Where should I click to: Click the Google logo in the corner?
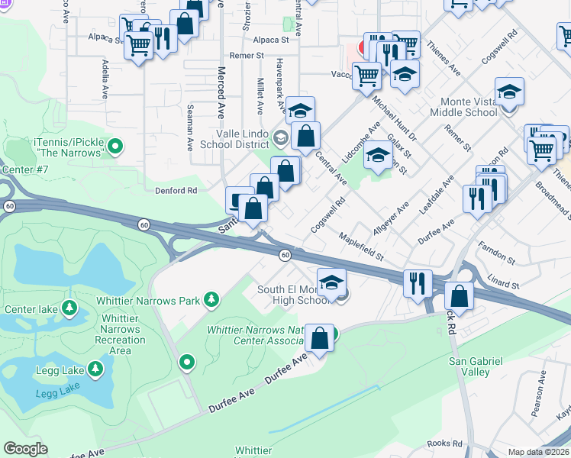point(25,449)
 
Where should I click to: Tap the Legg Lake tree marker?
point(95,369)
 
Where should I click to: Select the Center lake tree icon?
point(69,308)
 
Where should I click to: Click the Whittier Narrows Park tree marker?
point(211,300)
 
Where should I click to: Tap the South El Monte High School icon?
point(331,282)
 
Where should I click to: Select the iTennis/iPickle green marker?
point(115,144)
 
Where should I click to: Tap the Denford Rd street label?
point(176,190)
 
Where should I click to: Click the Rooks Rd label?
point(445,443)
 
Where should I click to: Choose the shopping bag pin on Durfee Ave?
point(321,337)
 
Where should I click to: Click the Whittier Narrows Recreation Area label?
point(117,334)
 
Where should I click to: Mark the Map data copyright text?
point(539,452)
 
